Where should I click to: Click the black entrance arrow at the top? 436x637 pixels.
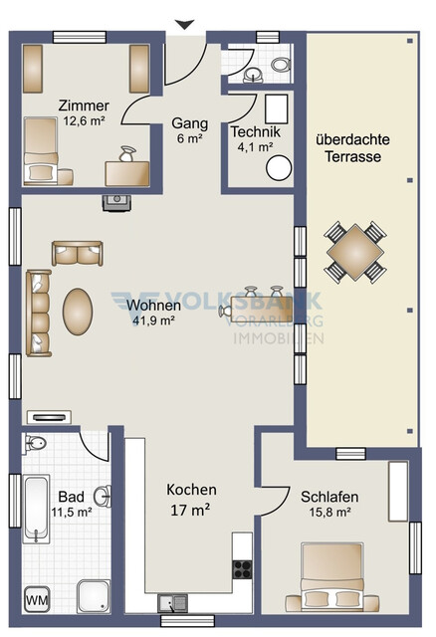184,25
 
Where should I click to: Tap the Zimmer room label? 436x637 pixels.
84,106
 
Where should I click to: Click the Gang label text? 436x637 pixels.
189,123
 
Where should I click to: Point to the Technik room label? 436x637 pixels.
257,131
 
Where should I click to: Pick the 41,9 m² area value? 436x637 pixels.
153,320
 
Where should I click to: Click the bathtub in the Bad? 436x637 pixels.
35,510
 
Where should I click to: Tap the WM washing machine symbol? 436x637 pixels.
36,599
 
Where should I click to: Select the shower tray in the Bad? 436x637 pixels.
96,595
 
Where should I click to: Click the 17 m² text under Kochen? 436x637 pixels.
191,512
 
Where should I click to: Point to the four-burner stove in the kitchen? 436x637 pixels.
242,568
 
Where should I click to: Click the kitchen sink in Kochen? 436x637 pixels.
170,602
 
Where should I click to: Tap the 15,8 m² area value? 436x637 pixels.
328,513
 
